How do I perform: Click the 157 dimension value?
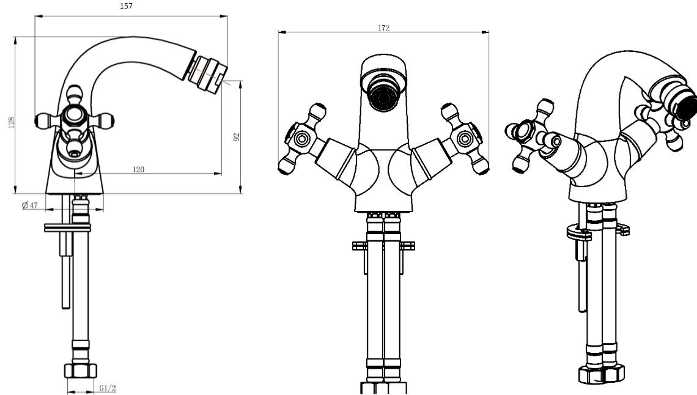[126, 6]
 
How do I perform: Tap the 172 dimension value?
[383, 28]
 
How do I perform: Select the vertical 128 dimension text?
[12, 122]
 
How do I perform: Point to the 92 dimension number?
[237, 137]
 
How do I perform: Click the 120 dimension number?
[138, 169]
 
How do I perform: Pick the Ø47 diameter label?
[30, 205]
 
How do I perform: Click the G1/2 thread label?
[108, 388]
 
